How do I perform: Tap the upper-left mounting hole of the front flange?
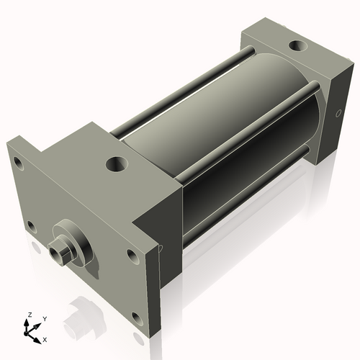tap(19, 165)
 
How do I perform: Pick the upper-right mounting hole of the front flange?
tap(132, 254)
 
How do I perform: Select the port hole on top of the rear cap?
tap(297, 46)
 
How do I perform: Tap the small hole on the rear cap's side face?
tap(339, 113)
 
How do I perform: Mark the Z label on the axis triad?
tap(30, 315)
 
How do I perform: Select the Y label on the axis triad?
tap(44, 318)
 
